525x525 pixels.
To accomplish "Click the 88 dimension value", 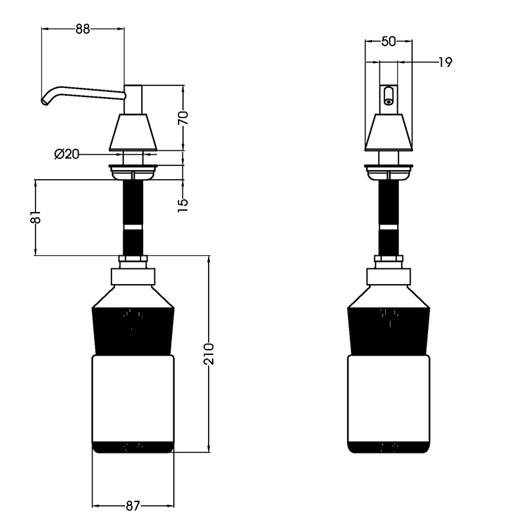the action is click(83, 29).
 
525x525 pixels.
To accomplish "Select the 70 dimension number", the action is click(183, 118).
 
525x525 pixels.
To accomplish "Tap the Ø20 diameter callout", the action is click(67, 154).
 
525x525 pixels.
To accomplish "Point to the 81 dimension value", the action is click(35, 217).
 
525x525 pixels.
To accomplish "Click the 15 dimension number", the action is click(183, 205).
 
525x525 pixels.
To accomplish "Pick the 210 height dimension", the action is click(209, 354).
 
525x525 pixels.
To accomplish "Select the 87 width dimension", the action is click(133, 505).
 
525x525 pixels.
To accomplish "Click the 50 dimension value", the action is click(388, 41).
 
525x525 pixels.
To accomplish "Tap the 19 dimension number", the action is click(446, 62).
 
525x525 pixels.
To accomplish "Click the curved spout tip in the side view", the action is click(44, 101).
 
